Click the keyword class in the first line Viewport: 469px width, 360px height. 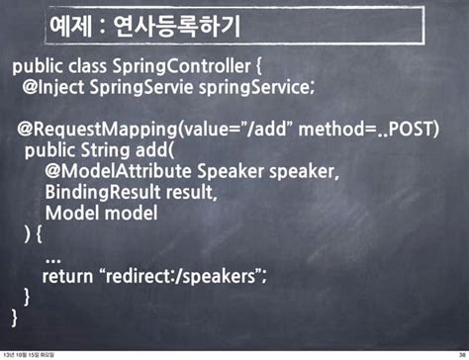click(96, 67)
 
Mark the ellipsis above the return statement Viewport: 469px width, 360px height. click(54, 257)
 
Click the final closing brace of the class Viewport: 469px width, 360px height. click(15, 317)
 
